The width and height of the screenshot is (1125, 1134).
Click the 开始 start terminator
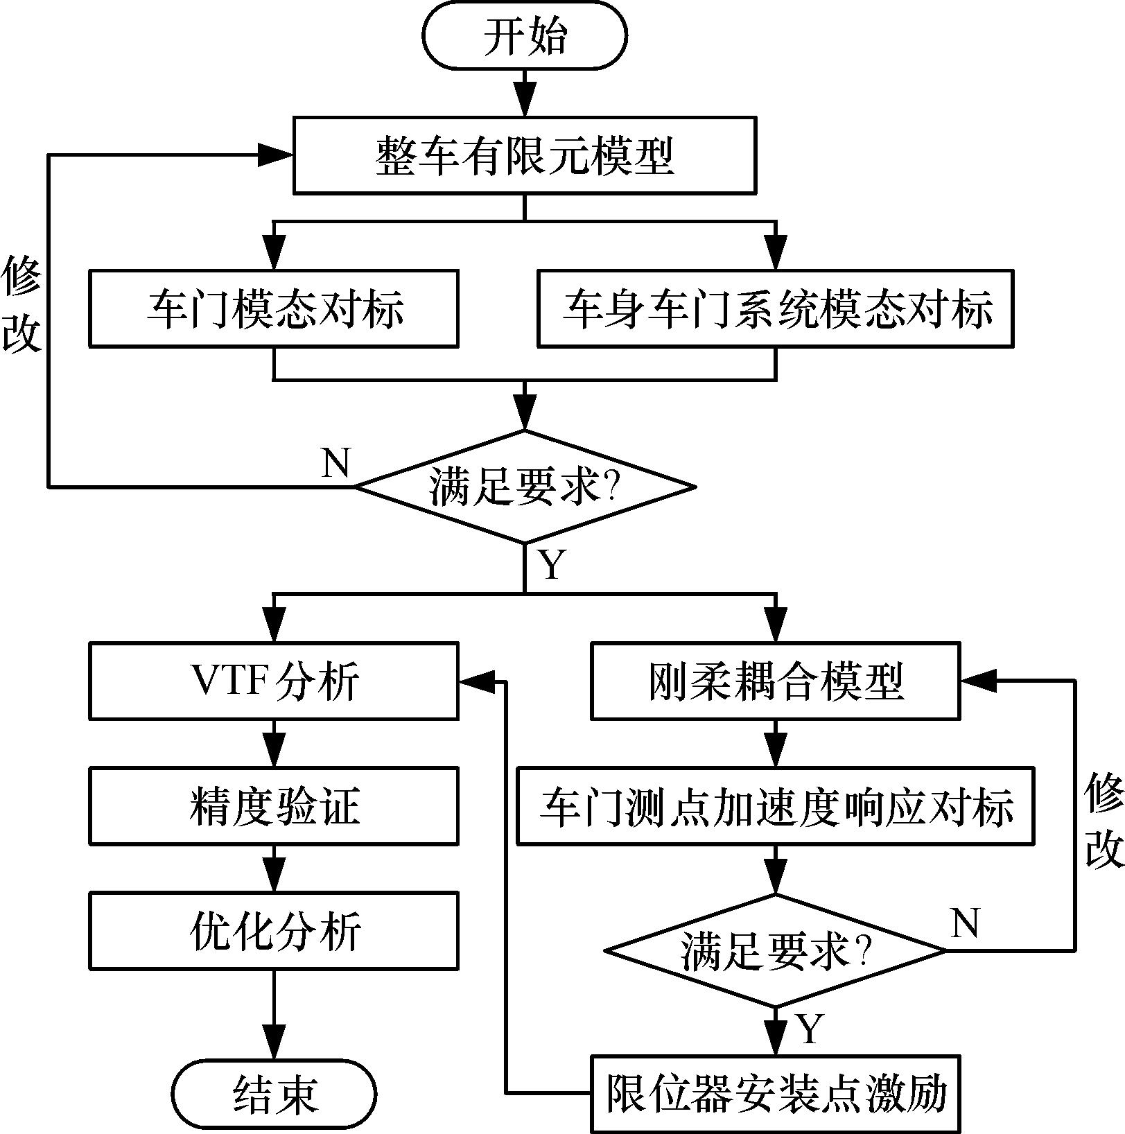pyautogui.click(x=525, y=35)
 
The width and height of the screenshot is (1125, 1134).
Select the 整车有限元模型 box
pyautogui.click(x=525, y=155)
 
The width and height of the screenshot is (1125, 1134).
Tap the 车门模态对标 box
pyautogui.click(x=274, y=308)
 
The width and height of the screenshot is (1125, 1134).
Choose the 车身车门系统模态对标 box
pyautogui.click(x=776, y=308)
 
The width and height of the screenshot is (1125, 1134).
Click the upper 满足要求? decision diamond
pyautogui.click(x=525, y=487)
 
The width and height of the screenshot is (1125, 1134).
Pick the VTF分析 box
pyautogui.click(x=274, y=681)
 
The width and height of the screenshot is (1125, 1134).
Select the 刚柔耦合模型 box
pyautogui.click(x=776, y=681)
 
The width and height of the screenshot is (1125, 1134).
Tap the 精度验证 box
pyautogui.click(x=274, y=805)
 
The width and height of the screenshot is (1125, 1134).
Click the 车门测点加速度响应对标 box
pyautogui.click(x=776, y=805)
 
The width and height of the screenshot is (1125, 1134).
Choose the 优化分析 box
pyautogui.click(x=274, y=930)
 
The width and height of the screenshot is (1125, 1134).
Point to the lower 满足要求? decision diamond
pyautogui.click(x=776, y=950)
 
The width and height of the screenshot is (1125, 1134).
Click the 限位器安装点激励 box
pyautogui.click(x=776, y=1093)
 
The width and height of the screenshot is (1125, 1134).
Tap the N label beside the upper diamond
pyautogui.click(x=336, y=462)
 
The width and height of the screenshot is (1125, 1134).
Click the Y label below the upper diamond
pyautogui.click(x=552, y=564)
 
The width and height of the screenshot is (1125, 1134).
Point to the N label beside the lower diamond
pyautogui.click(x=965, y=923)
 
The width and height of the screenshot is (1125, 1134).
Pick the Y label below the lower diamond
pyautogui.click(x=809, y=1028)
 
